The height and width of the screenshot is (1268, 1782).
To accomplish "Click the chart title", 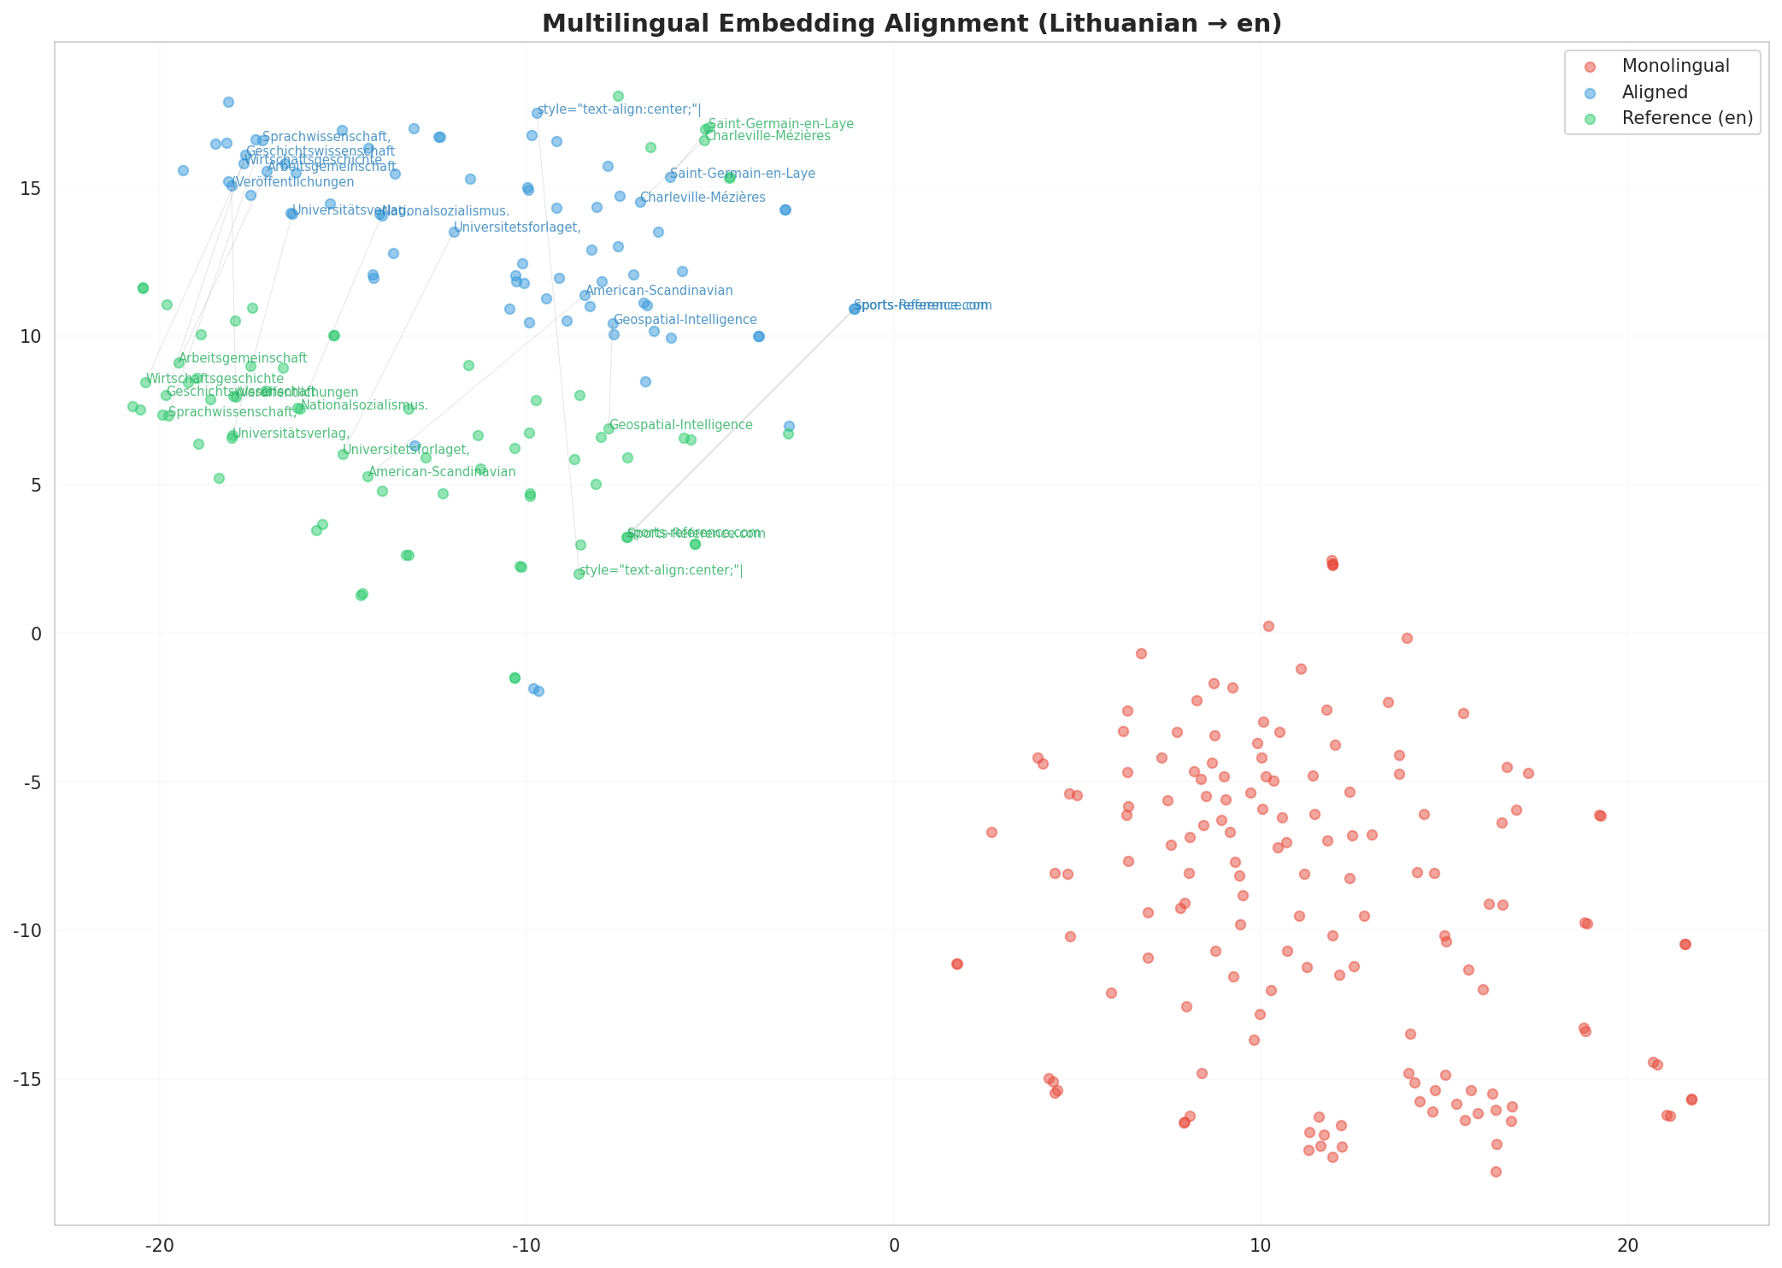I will [x=912, y=23].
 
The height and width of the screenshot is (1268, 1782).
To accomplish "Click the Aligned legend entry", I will [x=1655, y=92].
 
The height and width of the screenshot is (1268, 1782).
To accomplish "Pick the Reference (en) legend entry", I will [x=1687, y=118].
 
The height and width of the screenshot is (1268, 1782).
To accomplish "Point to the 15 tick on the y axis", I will [x=32, y=188].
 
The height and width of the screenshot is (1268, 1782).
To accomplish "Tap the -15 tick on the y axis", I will [x=28, y=1079].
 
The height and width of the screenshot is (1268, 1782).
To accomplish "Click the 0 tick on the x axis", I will [x=893, y=1245].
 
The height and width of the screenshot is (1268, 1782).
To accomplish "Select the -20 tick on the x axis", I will [x=160, y=1245].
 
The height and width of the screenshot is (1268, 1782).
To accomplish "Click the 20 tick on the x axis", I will [x=1627, y=1245].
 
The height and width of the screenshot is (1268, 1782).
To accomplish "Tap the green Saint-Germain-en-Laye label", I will [x=780, y=124].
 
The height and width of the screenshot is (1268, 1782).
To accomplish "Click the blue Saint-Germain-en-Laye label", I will [x=742, y=174].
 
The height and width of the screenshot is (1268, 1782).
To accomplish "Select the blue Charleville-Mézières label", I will [x=703, y=198].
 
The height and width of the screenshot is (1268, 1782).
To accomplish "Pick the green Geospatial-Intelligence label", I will [x=680, y=425].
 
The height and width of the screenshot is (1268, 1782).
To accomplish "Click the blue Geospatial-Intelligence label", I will [x=685, y=320].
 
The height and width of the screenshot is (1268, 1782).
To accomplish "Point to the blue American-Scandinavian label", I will [x=659, y=291].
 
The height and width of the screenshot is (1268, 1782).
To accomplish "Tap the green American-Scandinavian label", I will [x=442, y=472].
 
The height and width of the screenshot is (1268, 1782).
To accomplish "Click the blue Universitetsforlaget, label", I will [x=517, y=227].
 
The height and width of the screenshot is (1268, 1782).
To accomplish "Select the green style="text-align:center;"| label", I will [x=661, y=570].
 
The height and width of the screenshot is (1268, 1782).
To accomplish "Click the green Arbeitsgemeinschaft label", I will [x=243, y=358].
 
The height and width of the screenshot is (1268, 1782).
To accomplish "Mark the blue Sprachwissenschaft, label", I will [x=326, y=137].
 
